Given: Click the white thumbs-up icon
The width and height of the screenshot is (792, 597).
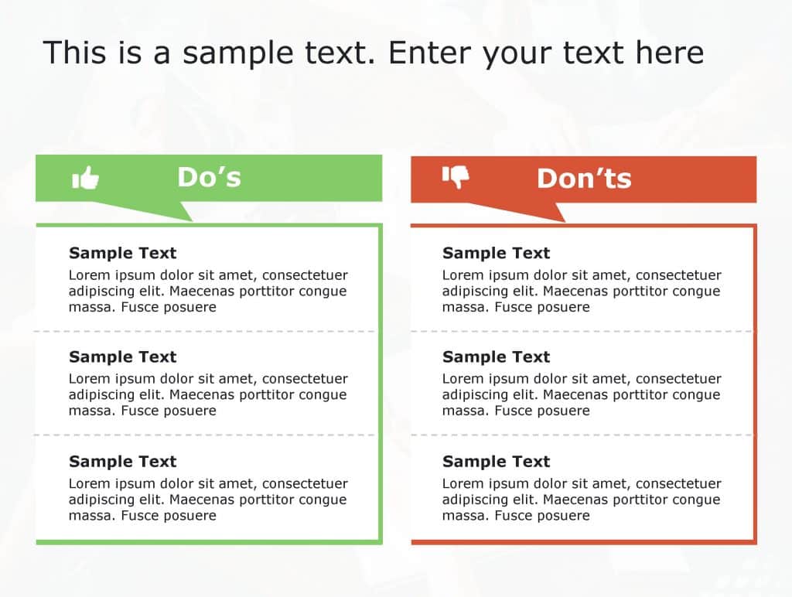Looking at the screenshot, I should pos(86,178).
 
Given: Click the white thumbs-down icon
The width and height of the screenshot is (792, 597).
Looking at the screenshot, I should pos(456,177).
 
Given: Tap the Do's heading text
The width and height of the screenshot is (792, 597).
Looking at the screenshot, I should pos(209,177).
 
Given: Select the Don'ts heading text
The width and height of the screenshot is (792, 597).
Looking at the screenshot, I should pos(584,179).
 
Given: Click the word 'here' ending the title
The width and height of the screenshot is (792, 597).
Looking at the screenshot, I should pos(670,53).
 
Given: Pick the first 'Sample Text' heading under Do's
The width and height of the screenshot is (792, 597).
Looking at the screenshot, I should pos(122,253).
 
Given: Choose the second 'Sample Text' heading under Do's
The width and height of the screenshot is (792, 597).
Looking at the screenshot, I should pos(122,356).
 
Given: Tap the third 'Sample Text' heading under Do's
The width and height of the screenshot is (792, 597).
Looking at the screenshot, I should pos(122,461).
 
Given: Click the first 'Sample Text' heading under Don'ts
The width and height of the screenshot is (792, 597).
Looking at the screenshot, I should pos(496,253).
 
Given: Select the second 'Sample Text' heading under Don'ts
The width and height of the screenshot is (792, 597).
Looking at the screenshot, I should pos(496,356).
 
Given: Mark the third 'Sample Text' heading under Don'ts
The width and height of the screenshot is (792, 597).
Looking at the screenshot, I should pos(496,461).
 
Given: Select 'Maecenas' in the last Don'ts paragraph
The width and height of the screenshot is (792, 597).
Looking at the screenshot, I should pos(575,500).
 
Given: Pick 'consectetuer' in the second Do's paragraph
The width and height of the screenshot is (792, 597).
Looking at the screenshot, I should pos(306,379).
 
